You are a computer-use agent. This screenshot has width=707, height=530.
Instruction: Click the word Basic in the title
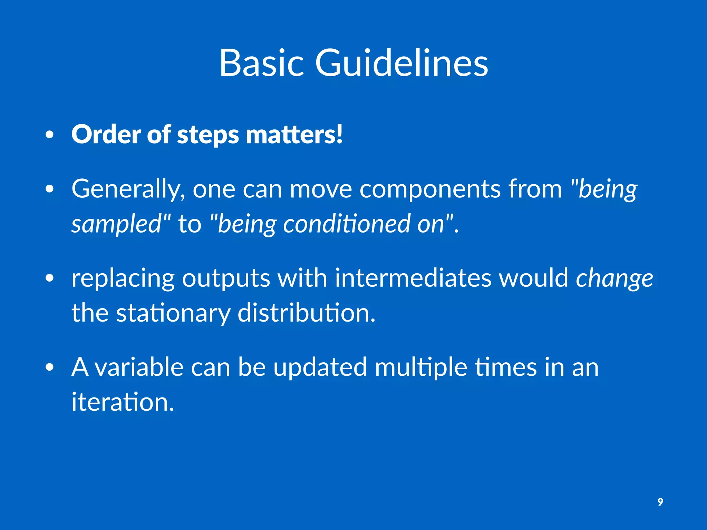pyautogui.click(x=261, y=63)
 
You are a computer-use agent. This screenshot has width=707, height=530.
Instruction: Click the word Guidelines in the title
pyautogui.click(x=401, y=63)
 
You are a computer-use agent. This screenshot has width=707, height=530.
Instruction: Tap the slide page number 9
pyautogui.click(x=660, y=502)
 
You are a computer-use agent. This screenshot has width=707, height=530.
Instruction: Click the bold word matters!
pyautogui.click(x=294, y=134)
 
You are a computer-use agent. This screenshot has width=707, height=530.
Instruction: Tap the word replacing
pyautogui.click(x=123, y=278)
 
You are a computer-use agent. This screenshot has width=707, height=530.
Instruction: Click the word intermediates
pyautogui.click(x=413, y=278)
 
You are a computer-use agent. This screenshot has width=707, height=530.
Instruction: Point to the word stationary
pyautogui.click(x=173, y=313)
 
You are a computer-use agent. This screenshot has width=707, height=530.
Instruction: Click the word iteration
pyautogui.click(x=123, y=402)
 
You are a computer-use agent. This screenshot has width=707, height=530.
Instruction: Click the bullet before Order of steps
pyautogui.click(x=50, y=135)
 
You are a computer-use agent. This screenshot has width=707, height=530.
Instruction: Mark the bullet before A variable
pyautogui.click(x=50, y=368)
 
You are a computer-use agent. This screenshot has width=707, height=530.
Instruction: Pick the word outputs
pyautogui.click(x=226, y=278)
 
